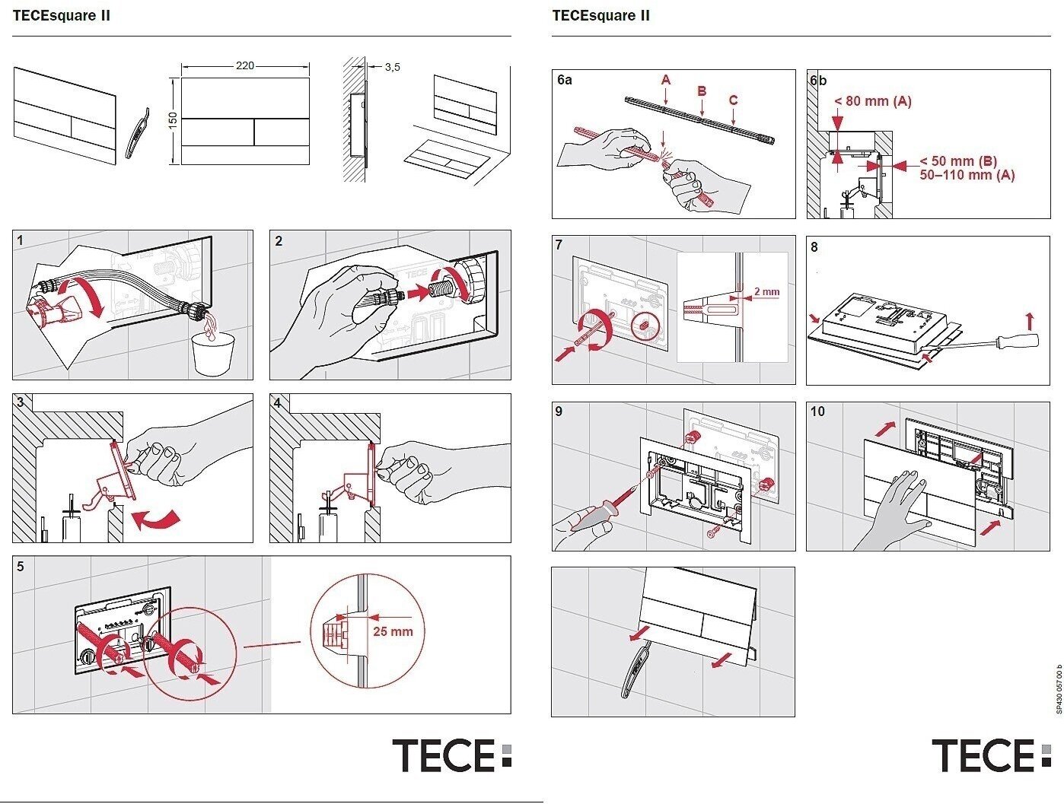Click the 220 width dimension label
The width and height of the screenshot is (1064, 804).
point(244,66)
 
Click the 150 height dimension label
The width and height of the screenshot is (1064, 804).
point(173,119)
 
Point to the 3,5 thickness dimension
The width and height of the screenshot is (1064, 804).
point(392,67)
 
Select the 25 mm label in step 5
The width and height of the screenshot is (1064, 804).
point(393,631)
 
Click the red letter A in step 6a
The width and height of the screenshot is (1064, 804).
point(666,80)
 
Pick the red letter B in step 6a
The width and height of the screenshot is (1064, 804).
point(702,91)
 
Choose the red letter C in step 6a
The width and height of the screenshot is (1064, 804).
point(733,100)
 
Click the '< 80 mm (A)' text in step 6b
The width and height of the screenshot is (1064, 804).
point(872,101)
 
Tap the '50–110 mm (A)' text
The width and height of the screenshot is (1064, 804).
point(967,175)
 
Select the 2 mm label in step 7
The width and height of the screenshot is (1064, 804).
point(766,291)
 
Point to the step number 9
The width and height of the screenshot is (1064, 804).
point(559,412)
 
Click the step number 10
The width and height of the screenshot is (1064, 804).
point(817,412)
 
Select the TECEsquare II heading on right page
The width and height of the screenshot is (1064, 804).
point(600,15)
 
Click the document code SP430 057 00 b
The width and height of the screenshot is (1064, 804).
point(1058,689)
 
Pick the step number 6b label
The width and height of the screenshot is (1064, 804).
point(818,81)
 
